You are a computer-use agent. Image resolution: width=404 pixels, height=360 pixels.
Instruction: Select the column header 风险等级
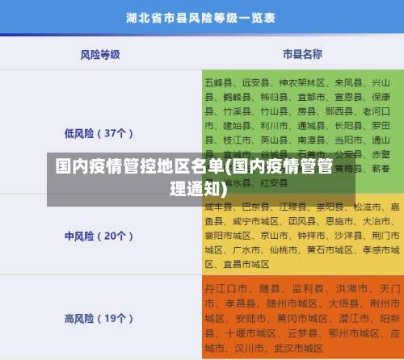coord(100,54)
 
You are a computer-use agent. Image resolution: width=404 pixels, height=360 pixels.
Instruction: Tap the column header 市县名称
coord(302,54)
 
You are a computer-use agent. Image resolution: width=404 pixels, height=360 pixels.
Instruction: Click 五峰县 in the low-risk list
coord(218,82)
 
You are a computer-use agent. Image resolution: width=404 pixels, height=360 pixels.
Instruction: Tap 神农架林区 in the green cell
coord(302,82)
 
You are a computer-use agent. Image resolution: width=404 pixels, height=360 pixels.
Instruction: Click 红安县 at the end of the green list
coord(273,183)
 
